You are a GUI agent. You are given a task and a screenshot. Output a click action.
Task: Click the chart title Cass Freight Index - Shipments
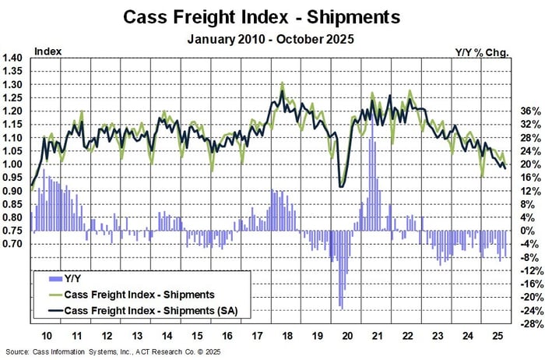pyautogui.click(x=272, y=16)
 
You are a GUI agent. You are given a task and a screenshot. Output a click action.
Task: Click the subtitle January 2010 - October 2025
pyautogui.click(x=272, y=38)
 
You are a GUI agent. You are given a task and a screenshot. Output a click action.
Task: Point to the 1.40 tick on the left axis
pyautogui.click(x=12, y=58)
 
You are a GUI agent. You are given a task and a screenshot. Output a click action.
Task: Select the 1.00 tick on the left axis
pyautogui.click(x=12, y=164)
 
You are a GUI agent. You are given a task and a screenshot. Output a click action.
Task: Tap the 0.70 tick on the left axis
pyautogui.click(x=12, y=244)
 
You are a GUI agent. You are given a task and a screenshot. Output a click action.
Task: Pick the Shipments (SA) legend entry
pyautogui.click(x=141, y=311)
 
